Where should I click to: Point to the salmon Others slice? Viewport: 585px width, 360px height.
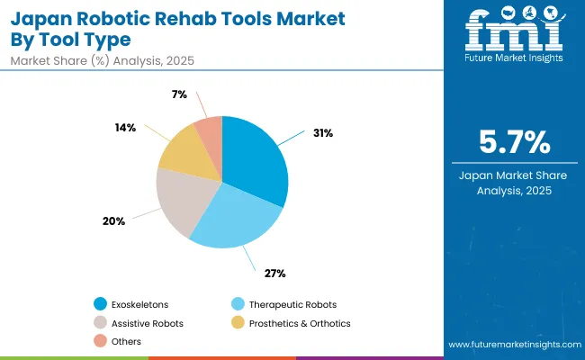(x=209, y=131)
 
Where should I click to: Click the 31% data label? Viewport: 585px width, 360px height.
(x=323, y=133)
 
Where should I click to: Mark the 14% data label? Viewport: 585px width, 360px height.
(x=125, y=127)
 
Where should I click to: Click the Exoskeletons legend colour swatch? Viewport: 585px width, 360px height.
(x=100, y=304)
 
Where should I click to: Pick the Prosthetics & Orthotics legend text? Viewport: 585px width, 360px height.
(x=299, y=322)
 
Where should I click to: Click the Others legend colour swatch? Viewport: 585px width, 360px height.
(x=100, y=340)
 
